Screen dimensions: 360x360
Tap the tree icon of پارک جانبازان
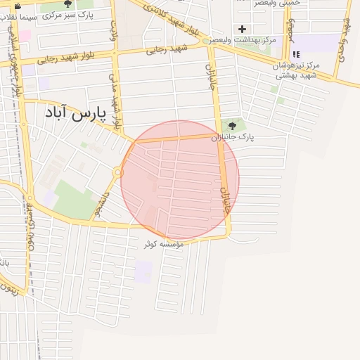[x=233, y=125]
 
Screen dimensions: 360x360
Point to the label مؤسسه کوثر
[x=163, y=244]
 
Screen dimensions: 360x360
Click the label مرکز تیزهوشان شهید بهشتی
[x=297, y=70]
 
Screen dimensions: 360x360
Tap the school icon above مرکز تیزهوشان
[x=296, y=54]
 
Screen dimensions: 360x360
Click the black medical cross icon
[x=243, y=29]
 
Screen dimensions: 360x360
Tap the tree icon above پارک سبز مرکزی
[x=67, y=4]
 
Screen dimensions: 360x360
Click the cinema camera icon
[x=18, y=6]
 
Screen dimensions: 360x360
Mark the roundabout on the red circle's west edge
[x=119, y=172]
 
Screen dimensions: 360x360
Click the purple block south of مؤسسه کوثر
[x=143, y=271]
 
